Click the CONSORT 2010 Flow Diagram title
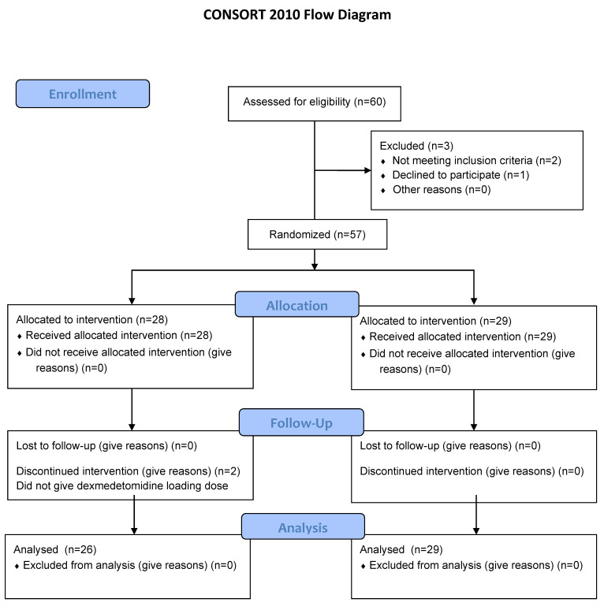pyautogui.click(x=297, y=15)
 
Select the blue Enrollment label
pyautogui.click(x=83, y=94)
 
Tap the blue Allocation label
pyautogui.click(x=297, y=304)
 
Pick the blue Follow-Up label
pyautogui.click(x=301, y=422)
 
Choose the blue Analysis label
pyautogui.click(x=303, y=526)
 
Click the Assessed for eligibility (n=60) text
pyautogui.click(x=315, y=102)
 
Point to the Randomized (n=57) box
pyautogui.click(x=317, y=234)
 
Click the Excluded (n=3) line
pyautogui.click(x=416, y=146)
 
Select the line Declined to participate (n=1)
pyautogui.click(x=460, y=175)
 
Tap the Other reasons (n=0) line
pyautogui.click(x=442, y=190)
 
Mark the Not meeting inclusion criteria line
pyautogui.click(x=476, y=161)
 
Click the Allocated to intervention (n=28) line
pyautogui.click(x=92, y=320)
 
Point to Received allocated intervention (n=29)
pyautogui.click(x=463, y=336)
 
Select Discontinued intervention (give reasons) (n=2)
pyautogui.click(x=128, y=471)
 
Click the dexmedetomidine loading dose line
pyautogui.click(x=122, y=485)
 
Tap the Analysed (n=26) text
pyautogui.click(x=55, y=549)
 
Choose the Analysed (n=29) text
pyautogui.click(x=401, y=549)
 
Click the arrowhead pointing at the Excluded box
pyautogui.click(x=367, y=170)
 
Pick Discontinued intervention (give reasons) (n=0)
pyautogui.click(x=472, y=471)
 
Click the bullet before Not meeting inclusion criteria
pyautogui.click(x=382, y=162)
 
